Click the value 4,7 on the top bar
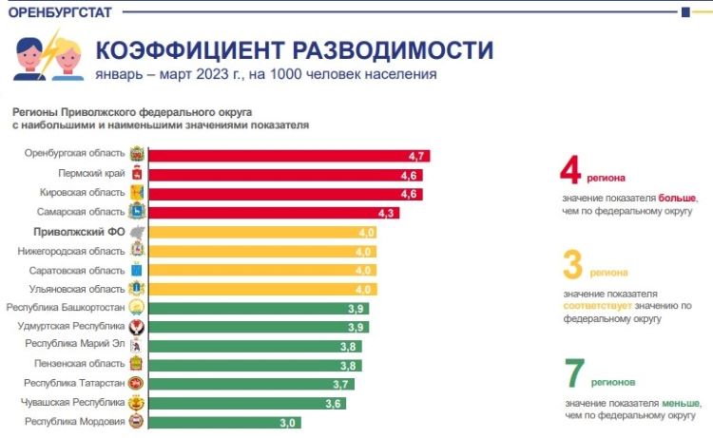[x=415, y=156]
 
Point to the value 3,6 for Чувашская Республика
[x=333, y=403]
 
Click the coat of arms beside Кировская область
[x=137, y=194]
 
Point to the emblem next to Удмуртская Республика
[x=137, y=327]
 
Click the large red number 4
[x=569, y=170]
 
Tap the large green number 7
[x=573, y=374]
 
